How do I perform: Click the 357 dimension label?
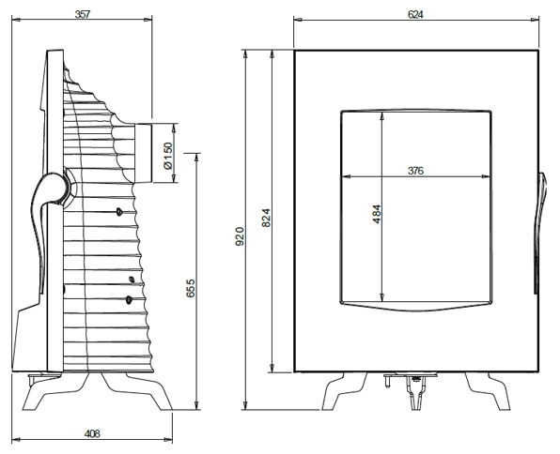(83, 15)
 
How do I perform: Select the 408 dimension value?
(92, 433)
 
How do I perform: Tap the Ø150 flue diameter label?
(167, 156)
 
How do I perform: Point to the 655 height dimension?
(191, 288)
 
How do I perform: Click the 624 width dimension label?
(415, 14)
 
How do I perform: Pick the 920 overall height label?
(240, 235)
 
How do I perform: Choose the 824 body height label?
(267, 218)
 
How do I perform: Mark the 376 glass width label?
(415, 171)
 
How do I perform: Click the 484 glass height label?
(377, 214)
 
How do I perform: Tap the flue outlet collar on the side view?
(143, 153)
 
